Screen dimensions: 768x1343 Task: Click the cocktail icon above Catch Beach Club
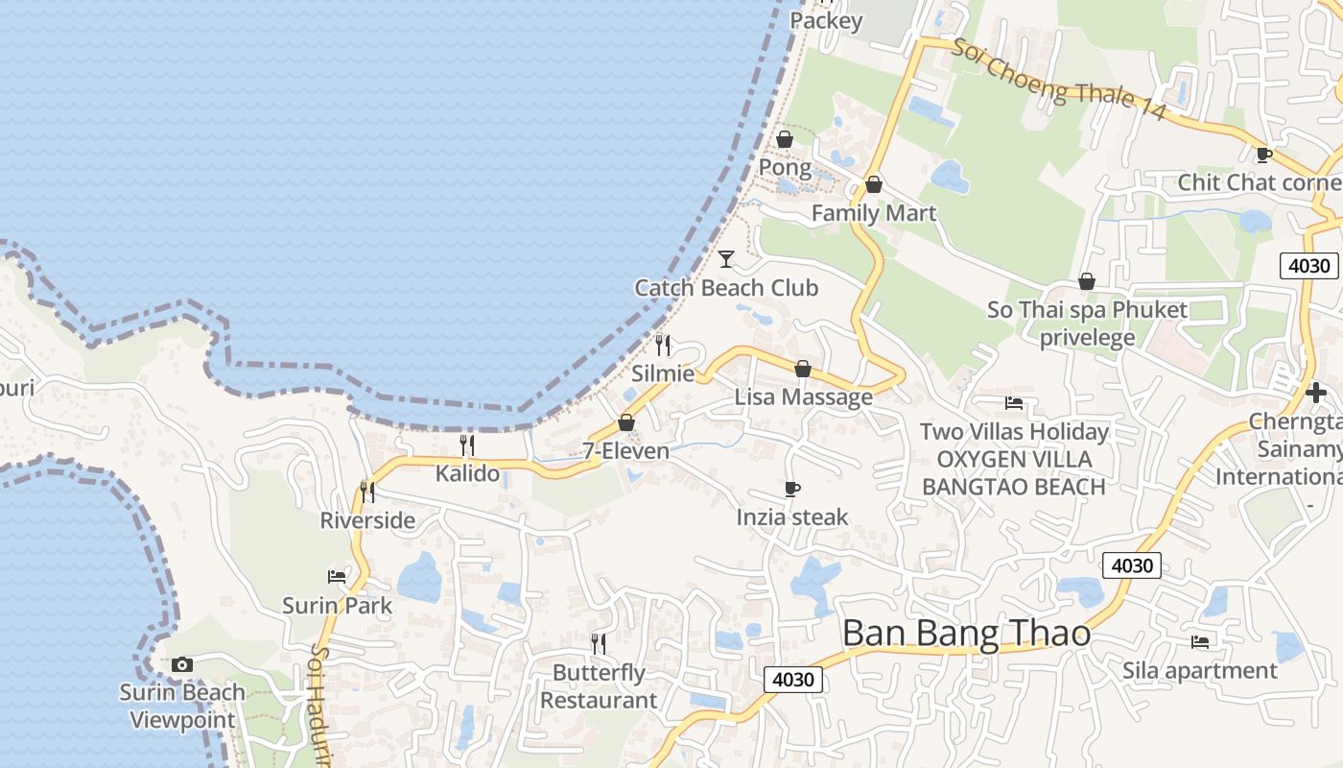[x=726, y=258]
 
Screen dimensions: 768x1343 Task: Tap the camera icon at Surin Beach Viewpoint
[x=181, y=664]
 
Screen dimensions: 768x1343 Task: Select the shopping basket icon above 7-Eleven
[x=626, y=421]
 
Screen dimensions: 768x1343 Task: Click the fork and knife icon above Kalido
[x=467, y=444]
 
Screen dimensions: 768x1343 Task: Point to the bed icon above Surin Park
[x=337, y=577]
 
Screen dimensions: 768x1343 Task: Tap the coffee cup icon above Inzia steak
[x=792, y=490]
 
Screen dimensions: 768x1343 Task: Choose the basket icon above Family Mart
[x=873, y=184]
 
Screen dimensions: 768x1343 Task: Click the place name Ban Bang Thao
[x=966, y=634]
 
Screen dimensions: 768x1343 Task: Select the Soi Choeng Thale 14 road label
[x=1058, y=79]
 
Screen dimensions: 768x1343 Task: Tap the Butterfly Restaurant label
[x=599, y=686]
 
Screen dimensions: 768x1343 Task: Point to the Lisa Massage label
[x=804, y=396]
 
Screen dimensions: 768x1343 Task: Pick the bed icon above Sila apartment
[x=1199, y=642]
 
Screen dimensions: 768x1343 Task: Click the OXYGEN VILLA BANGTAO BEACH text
[x=1014, y=473]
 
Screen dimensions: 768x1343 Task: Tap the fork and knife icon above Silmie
[x=663, y=346]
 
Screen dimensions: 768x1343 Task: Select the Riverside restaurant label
[x=367, y=520]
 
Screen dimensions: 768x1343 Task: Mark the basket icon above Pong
[x=785, y=140]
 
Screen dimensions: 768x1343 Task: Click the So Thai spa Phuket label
[x=1087, y=310]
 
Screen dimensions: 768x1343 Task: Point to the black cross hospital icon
[x=1316, y=392]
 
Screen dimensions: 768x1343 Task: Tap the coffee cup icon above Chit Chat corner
[x=1264, y=155]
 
